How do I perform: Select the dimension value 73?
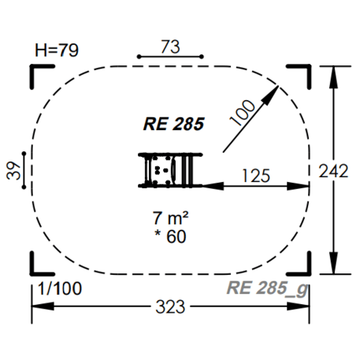click(x=170, y=46)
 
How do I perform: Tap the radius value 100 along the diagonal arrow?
click(x=245, y=113)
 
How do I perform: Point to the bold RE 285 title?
click(x=173, y=124)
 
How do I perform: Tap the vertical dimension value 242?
click(x=334, y=171)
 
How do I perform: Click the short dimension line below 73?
click(x=170, y=58)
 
